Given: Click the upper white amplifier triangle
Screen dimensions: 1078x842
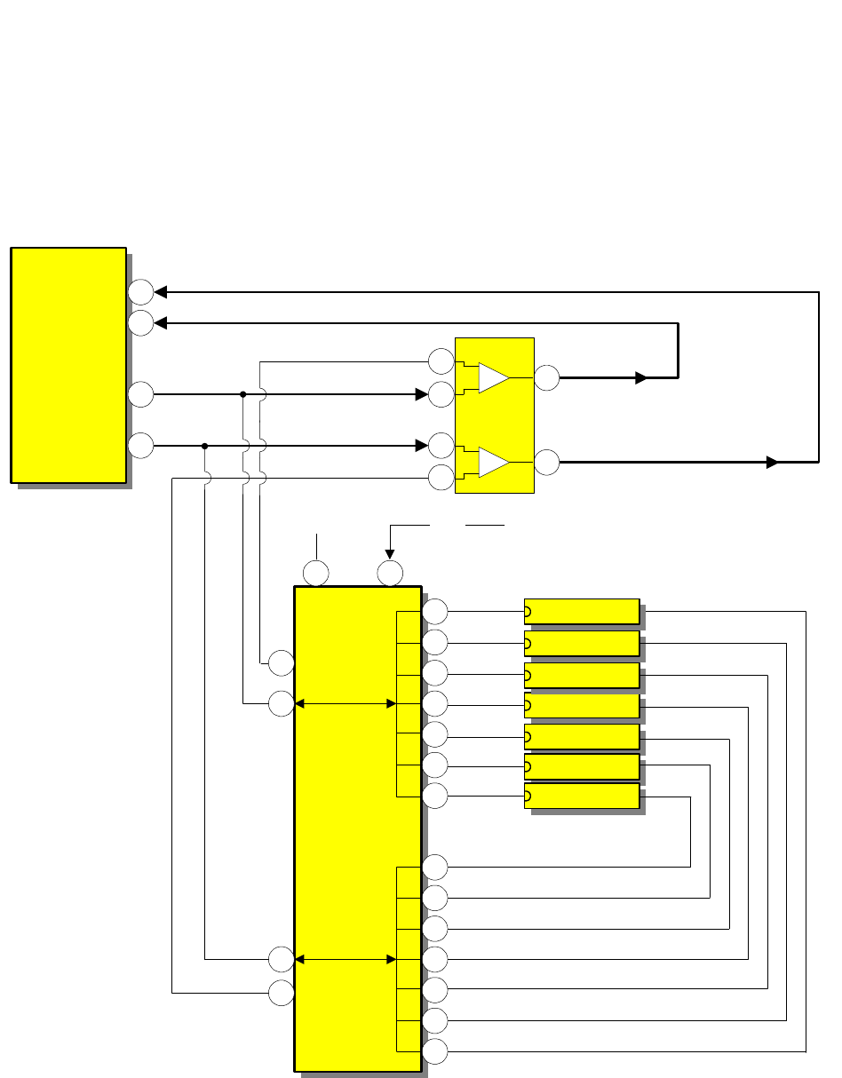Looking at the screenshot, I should tap(493, 377).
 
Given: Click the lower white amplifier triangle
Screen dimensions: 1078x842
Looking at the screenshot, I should tap(493, 462).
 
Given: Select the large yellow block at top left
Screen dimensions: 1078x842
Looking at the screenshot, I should tap(68, 365).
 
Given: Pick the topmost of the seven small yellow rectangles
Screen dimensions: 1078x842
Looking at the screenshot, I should tap(582, 611).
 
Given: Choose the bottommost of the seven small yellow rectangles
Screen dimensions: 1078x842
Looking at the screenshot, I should tap(582, 797).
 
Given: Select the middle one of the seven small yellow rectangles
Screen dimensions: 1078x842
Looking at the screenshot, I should tap(582, 706).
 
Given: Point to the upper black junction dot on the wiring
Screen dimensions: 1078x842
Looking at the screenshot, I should tap(242, 394).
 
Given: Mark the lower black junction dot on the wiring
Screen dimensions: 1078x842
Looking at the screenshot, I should tap(204, 446).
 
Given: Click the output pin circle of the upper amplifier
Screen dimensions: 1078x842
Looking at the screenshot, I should tap(547, 377).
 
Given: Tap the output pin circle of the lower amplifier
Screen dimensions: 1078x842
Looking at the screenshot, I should tap(547, 462).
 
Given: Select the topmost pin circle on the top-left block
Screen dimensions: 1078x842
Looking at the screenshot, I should tap(140, 291).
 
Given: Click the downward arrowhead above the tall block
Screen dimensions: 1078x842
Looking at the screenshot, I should tap(390, 554).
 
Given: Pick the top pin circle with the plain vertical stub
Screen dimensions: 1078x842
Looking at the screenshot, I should tap(316, 574).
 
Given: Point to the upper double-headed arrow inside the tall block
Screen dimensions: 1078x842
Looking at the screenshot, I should tap(345, 704).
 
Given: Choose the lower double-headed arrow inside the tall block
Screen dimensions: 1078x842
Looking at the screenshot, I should tap(345, 959).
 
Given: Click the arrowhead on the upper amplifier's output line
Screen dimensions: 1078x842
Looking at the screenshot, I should tap(641, 377).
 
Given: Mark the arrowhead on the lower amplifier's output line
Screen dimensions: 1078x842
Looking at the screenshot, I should tap(772, 462).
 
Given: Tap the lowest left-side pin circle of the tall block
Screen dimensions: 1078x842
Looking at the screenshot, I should tap(282, 993).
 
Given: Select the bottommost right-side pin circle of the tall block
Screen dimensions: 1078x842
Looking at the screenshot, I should tap(435, 1051).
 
